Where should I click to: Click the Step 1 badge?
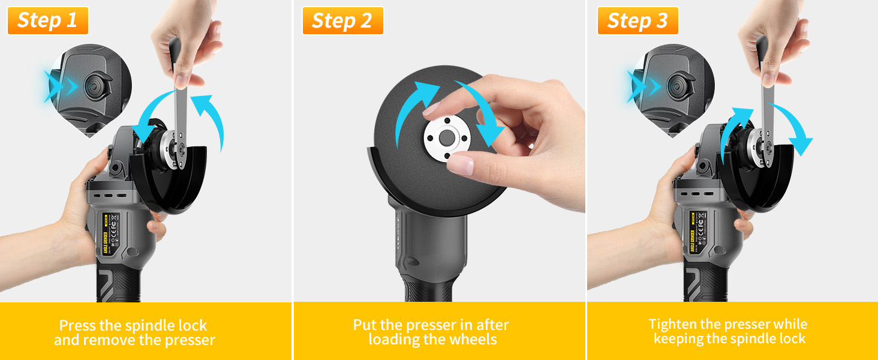(47, 20)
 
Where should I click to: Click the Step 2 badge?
(342, 20)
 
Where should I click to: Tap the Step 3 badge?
(638, 20)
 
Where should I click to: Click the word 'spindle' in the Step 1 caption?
(153, 326)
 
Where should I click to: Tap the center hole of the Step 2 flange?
(445, 137)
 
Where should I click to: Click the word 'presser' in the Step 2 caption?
(429, 325)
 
